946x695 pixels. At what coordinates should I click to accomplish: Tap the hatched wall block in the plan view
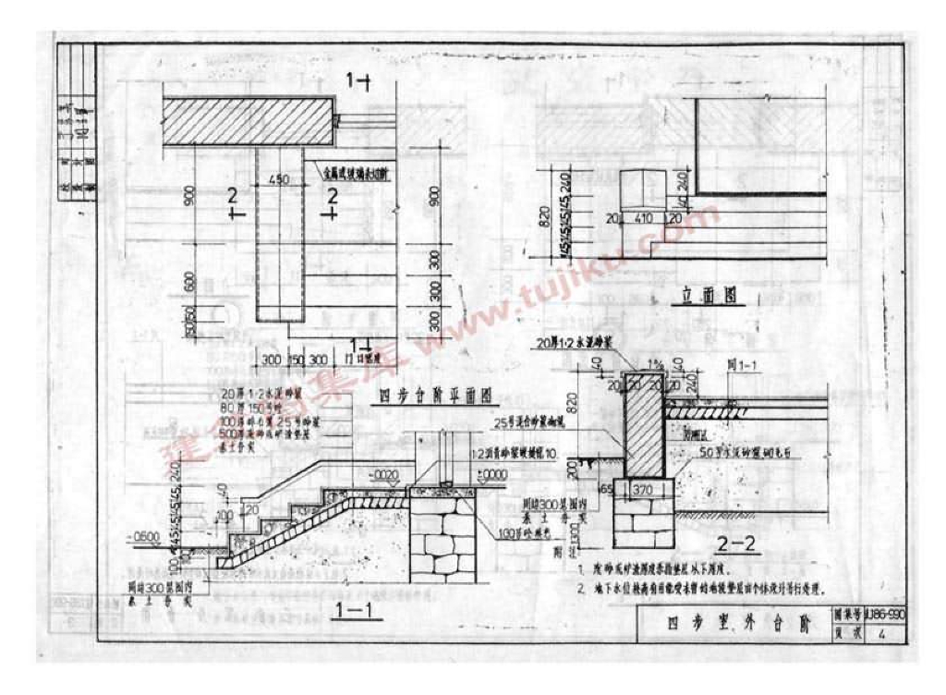pos(247,120)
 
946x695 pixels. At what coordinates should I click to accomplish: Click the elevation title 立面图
pos(712,297)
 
